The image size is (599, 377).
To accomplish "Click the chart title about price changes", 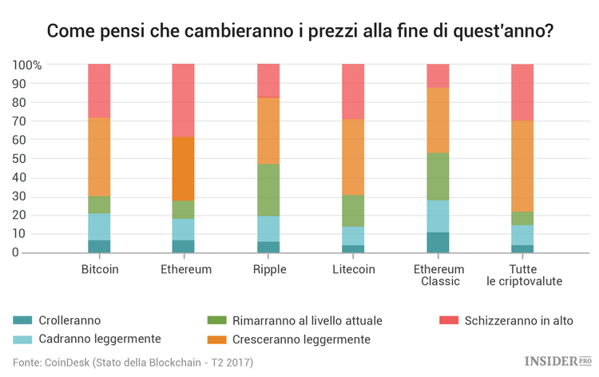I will click(x=299, y=32).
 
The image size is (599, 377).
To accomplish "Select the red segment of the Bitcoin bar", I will click(x=99, y=90).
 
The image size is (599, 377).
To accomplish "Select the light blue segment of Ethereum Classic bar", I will click(x=438, y=216).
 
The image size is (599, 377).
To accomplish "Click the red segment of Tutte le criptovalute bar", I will click(x=522, y=92).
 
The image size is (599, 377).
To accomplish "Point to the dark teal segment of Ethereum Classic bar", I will click(x=438, y=243).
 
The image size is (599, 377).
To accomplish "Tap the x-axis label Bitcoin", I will click(x=100, y=269).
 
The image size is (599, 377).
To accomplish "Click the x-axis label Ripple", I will click(x=268, y=269).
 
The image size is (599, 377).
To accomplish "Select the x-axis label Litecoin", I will click(x=353, y=269).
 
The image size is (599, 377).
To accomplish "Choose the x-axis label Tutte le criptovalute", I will click(x=522, y=275).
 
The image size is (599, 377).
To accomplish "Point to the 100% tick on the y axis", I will click(x=27, y=65).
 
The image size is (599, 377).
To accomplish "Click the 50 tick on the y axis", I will click(x=35, y=158).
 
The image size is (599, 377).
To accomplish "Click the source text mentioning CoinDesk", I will click(x=133, y=363).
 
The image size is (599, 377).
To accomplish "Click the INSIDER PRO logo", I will click(x=557, y=362).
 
